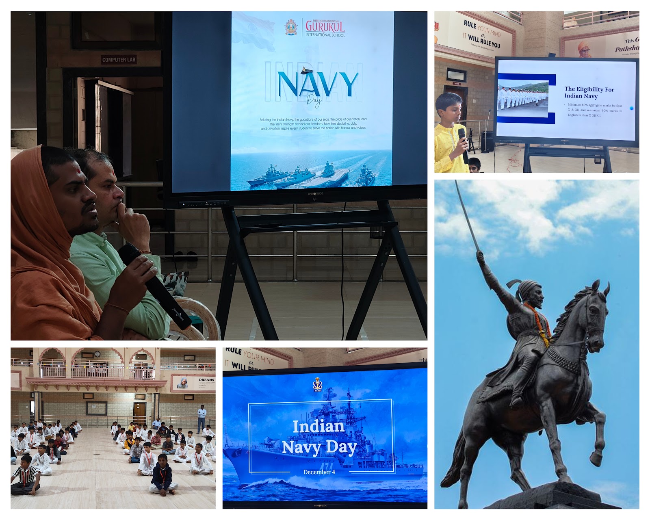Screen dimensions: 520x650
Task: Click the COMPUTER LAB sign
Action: pyautogui.click(x=119, y=60)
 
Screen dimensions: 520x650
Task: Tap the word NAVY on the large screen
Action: pyautogui.click(x=317, y=84)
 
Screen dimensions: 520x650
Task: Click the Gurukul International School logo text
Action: pyautogui.click(x=325, y=28)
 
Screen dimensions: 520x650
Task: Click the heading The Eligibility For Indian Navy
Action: pyautogui.click(x=589, y=92)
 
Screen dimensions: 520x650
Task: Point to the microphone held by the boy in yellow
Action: pyautogui.click(x=464, y=146)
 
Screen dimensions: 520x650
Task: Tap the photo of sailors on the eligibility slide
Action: pyautogui.click(x=523, y=99)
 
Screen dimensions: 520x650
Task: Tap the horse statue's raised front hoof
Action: pyautogui.click(x=595, y=458)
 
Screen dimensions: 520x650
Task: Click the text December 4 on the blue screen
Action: pyautogui.click(x=319, y=472)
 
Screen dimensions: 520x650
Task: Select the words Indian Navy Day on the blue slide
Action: pyautogui.click(x=319, y=437)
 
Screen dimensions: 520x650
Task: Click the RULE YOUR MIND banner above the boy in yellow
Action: pyautogui.click(x=482, y=35)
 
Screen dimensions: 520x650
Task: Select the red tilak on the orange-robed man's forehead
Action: pyautogui.click(x=80, y=173)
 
